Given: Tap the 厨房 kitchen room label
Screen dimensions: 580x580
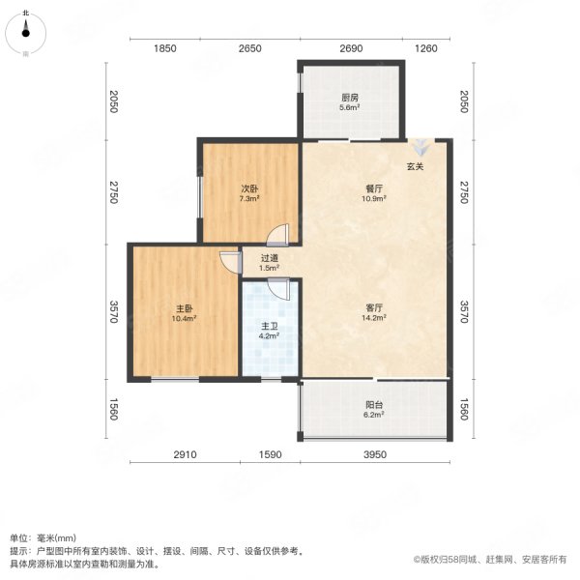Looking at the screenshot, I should (x=350, y=98).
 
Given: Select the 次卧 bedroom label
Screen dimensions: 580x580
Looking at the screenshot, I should (x=248, y=189).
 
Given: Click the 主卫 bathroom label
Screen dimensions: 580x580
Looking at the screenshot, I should (x=270, y=328).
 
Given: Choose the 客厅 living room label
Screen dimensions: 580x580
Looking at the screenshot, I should (x=374, y=307).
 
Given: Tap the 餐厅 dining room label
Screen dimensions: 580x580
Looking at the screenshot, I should (x=374, y=189).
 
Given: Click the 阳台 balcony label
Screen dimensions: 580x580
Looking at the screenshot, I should (x=374, y=407).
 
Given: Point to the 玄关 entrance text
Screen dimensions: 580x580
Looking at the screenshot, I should (x=415, y=166).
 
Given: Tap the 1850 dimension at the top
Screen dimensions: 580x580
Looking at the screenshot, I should (x=163, y=48).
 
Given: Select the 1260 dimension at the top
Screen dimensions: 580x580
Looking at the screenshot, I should (x=426, y=48).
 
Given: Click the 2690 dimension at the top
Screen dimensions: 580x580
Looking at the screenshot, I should (x=350, y=48).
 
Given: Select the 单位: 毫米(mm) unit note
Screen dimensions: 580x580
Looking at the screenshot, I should (x=44, y=537).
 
